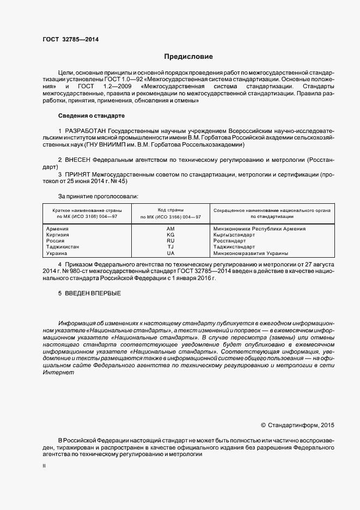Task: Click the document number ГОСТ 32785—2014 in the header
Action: (71, 39)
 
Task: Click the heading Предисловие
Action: (189, 57)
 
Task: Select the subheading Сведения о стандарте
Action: (91, 116)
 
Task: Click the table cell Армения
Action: (58, 229)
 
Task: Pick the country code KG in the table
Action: (170, 235)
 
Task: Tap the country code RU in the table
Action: (170, 241)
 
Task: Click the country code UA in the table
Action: (170, 253)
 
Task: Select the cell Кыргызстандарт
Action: (235, 235)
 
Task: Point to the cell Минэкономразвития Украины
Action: (251, 253)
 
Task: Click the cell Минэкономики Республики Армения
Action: (259, 229)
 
